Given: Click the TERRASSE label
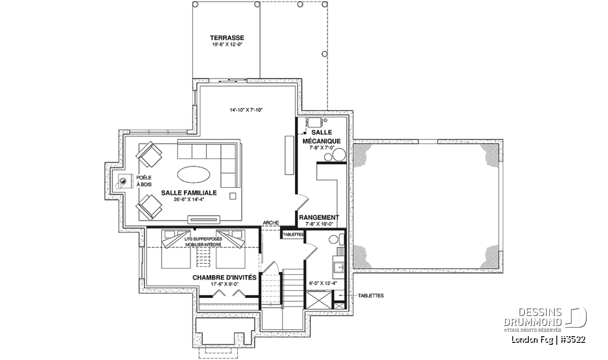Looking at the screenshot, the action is [x=227, y=37].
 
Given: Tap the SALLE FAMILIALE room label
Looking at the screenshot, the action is [x=189, y=193].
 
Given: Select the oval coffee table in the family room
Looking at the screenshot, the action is [x=194, y=175].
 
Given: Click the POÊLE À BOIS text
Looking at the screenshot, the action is [x=144, y=181].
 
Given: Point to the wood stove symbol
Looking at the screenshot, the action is [x=123, y=181].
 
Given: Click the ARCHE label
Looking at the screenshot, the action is [x=271, y=223].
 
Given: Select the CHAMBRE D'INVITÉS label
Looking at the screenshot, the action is [x=224, y=277].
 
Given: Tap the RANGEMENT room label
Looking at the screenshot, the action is [x=319, y=218].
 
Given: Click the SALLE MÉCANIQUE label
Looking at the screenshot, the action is [x=321, y=137].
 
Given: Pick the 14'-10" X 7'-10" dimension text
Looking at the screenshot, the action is [x=246, y=110].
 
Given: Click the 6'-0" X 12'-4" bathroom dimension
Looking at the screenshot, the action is [x=323, y=283].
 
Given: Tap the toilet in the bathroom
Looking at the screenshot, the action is [x=336, y=239].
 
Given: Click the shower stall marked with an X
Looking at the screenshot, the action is [x=319, y=300].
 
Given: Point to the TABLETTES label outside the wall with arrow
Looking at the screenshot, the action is [x=371, y=295].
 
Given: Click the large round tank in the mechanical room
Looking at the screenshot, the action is [x=339, y=155].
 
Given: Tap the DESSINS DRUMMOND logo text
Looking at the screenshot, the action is [x=533, y=317].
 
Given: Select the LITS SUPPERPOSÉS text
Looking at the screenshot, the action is [x=203, y=239].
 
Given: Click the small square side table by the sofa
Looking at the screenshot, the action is [x=233, y=196].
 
